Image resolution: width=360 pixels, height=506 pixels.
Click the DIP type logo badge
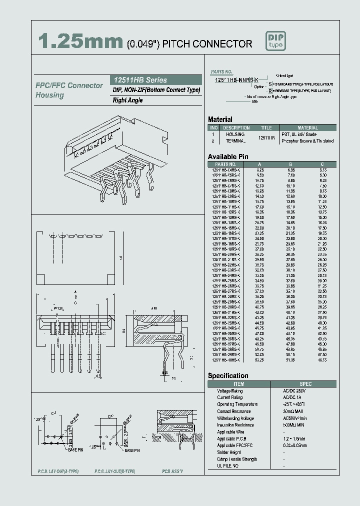click(275, 41)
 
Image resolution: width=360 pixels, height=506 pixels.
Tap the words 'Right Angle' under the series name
click(127, 100)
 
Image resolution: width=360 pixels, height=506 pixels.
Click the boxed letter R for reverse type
click(270, 91)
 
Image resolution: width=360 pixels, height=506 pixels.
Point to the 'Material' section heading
click(220, 119)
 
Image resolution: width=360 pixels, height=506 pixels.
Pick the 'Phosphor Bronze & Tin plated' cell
click(307, 141)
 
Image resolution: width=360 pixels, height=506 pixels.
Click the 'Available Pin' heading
click(228, 156)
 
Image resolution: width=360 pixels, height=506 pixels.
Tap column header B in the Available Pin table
click(290, 164)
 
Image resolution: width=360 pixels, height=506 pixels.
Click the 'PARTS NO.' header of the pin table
click(225, 164)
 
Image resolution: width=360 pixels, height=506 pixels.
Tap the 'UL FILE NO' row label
click(228, 466)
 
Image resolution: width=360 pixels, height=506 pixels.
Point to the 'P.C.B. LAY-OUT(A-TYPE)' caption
click(58, 471)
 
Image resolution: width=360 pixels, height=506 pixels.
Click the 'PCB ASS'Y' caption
click(172, 471)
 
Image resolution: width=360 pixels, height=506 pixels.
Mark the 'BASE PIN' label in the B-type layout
click(132, 450)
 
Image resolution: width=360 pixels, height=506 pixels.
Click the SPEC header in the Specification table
click(305, 384)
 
